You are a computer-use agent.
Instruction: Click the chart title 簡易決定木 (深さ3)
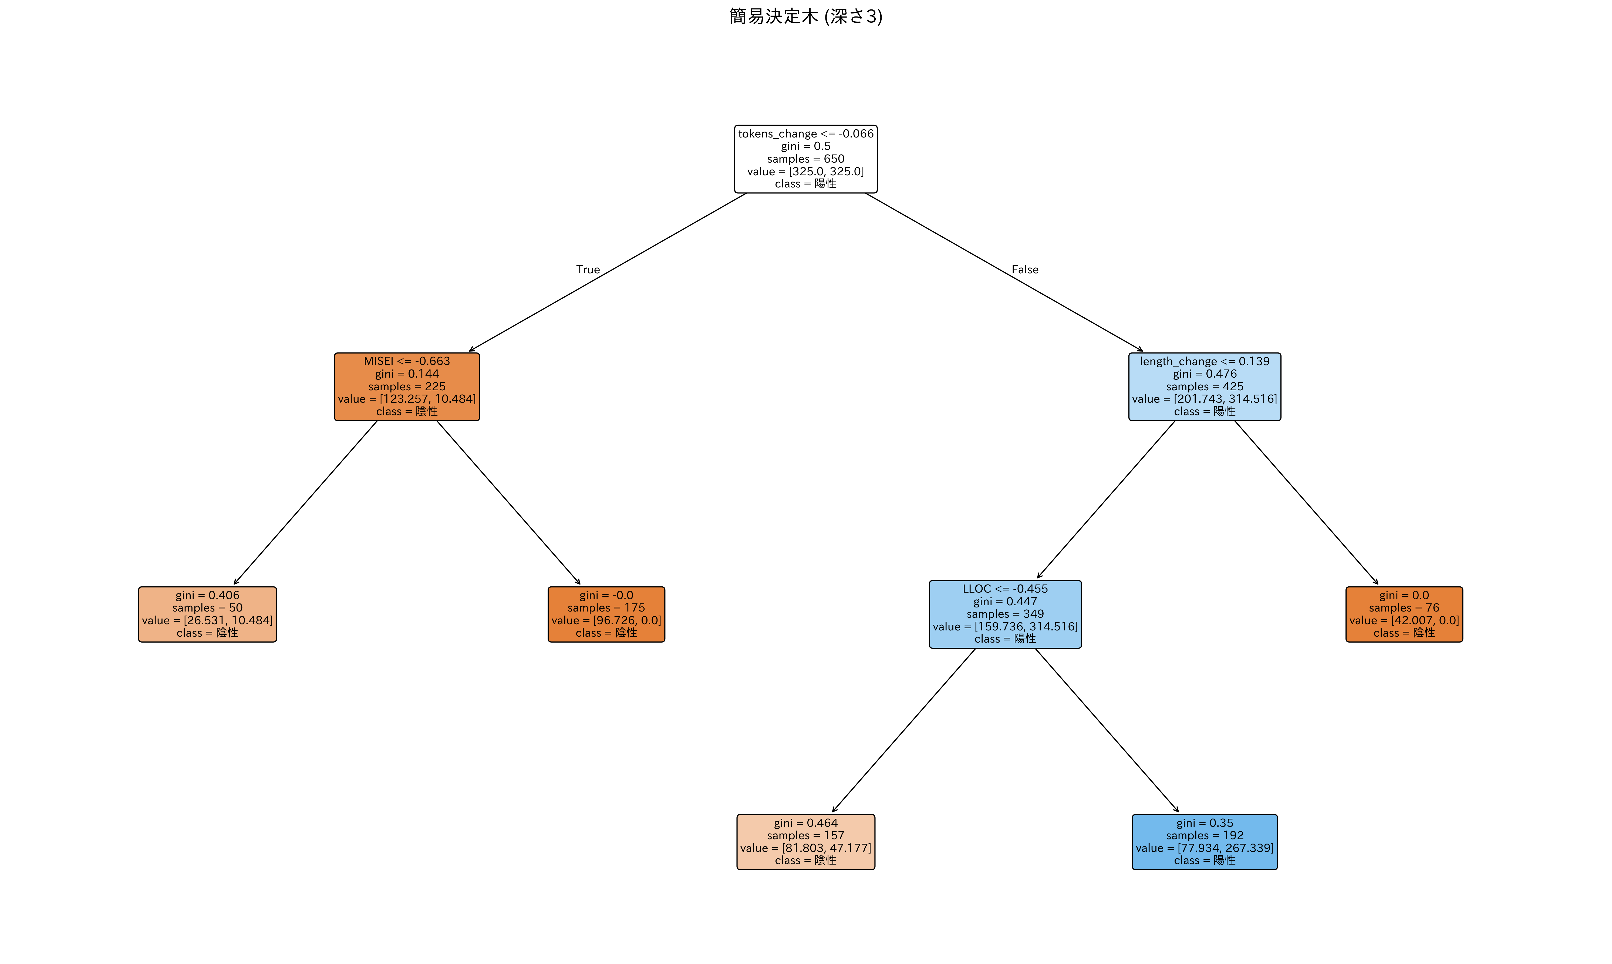pyautogui.click(x=806, y=16)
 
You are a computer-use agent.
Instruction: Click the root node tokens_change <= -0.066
pyautogui.click(x=806, y=159)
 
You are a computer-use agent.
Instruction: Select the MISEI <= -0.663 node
pyautogui.click(x=407, y=387)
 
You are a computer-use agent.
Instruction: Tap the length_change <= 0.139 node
pyautogui.click(x=1204, y=387)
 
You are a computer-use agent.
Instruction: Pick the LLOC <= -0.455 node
pyautogui.click(x=1005, y=614)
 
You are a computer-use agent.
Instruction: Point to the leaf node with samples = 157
pyautogui.click(x=806, y=842)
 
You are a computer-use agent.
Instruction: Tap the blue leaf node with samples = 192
pyautogui.click(x=1204, y=842)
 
